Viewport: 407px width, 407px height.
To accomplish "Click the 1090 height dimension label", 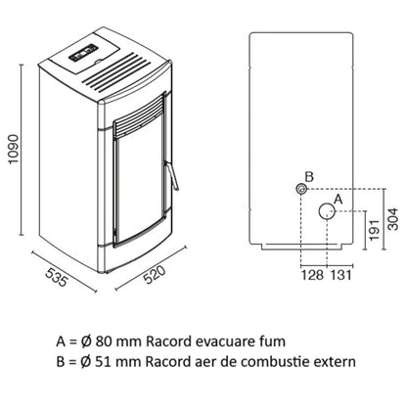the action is (x=13, y=149).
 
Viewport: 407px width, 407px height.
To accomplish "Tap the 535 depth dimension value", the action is (x=56, y=277).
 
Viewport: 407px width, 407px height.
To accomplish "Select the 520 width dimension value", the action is (x=155, y=275).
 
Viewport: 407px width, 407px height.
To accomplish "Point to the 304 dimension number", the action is (x=393, y=219).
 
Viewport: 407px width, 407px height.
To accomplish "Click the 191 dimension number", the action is (x=375, y=230).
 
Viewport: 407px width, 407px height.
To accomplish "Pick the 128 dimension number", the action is (x=312, y=275).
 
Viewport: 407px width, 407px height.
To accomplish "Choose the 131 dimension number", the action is (x=341, y=275).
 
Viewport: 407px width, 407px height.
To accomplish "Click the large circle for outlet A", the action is (x=327, y=211).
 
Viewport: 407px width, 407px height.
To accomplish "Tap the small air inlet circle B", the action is (x=301, y=189).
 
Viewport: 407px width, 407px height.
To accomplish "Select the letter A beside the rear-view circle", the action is (x=339, y=199).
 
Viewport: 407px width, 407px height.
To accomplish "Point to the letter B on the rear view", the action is (x=309, y=177).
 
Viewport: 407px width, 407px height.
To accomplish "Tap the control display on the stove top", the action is (x=83, y=53).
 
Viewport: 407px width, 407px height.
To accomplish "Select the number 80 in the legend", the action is (x=104, y=341).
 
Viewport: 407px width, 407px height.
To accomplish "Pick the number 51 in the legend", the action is (x=103, y=362).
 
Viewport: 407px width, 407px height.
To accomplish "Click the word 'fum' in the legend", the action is (x=274, y=341).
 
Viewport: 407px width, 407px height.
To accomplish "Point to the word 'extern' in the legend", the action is (x=335, y=362).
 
